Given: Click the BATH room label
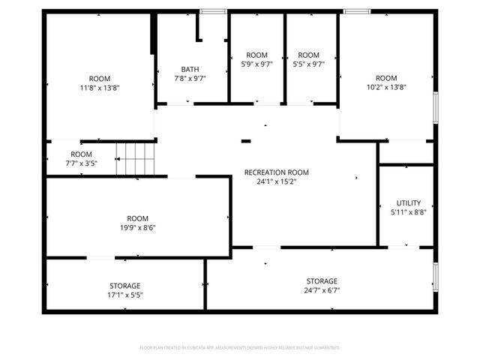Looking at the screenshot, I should [190, 69].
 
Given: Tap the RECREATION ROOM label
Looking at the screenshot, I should [276, 172].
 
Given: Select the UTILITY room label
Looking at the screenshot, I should [409, 202].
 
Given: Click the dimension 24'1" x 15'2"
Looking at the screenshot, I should [276, 181].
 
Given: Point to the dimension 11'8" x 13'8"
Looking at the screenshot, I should [100, 88].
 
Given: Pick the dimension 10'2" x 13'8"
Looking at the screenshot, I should [386, 88].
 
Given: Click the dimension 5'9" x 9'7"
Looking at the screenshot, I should [256, 64].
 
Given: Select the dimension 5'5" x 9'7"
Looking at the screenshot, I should [308, 64].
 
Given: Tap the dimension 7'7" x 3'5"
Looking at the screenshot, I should [81, 163].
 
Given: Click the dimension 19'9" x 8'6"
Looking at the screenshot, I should [137, 227].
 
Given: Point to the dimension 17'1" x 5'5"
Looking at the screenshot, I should [125, 295].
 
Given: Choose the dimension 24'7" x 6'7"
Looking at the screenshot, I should [321, 290].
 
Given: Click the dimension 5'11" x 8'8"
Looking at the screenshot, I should [409, 212].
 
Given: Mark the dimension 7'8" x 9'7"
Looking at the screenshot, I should [190, 78].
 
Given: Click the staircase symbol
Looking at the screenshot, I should [135, 160].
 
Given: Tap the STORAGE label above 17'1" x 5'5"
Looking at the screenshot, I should [125, 286].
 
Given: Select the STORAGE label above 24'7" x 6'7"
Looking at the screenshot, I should [321, 281].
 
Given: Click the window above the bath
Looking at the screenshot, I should [214, 10].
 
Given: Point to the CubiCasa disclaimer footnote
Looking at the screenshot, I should [240, 348].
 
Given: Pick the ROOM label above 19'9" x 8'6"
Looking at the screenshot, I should [137, 218].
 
